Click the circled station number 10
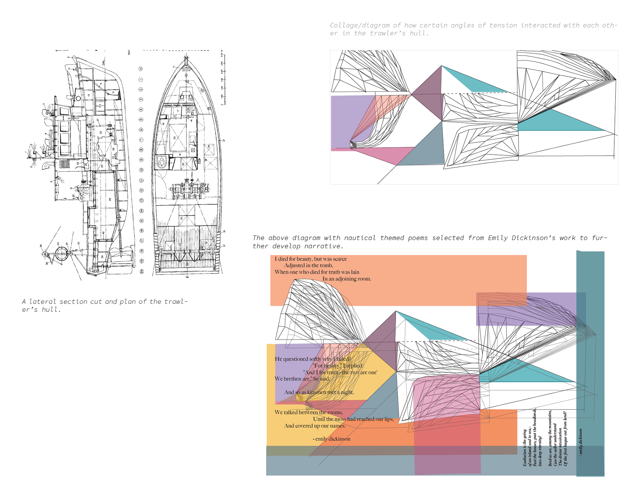coord(141,170)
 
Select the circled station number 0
coord(140,69)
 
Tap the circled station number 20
coord(142,271)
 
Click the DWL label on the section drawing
coord(104,62)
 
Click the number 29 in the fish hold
coord(110,199)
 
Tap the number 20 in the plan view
coord(175,138)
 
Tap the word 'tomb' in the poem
coord(325,265)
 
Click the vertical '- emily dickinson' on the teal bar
coord(580,442)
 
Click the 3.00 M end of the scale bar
coord(222,54)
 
